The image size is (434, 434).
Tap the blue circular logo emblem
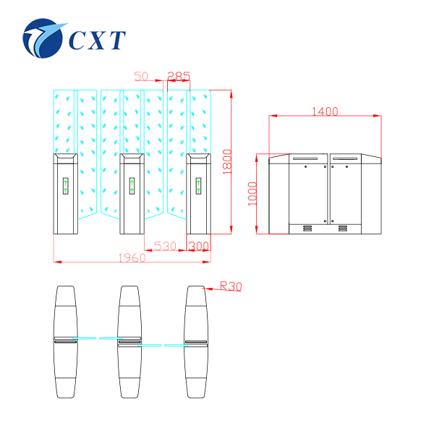45,41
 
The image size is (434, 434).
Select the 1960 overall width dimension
132,258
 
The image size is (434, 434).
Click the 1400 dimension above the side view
325,111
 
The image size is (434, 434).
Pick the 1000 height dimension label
252,192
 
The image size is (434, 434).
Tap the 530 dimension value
166,247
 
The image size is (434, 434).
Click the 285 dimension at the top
179,76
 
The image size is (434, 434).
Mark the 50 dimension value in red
142,76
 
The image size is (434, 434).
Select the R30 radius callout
230,287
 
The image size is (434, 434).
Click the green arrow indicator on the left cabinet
66,186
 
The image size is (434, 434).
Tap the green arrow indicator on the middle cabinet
131,186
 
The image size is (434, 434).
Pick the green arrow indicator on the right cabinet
197,186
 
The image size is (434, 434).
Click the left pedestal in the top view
65,341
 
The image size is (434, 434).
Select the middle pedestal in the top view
131,341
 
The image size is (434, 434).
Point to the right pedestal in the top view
197,341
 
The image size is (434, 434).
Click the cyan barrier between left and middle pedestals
98,338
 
